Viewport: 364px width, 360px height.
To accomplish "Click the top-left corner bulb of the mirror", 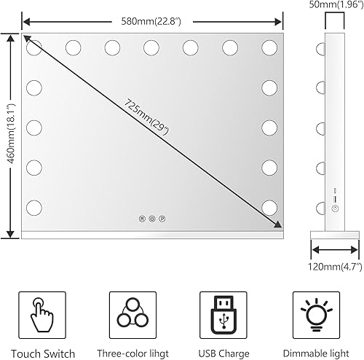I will pyautogui.click(x=34, y=48).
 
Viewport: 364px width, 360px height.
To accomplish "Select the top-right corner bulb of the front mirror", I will pyautogui.click(x=269, y=48).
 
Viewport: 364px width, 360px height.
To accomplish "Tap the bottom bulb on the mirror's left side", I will pyautogui.click(x=34, y=206).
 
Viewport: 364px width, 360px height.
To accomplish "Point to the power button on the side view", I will pyautogui.click(x=334, y=208).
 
